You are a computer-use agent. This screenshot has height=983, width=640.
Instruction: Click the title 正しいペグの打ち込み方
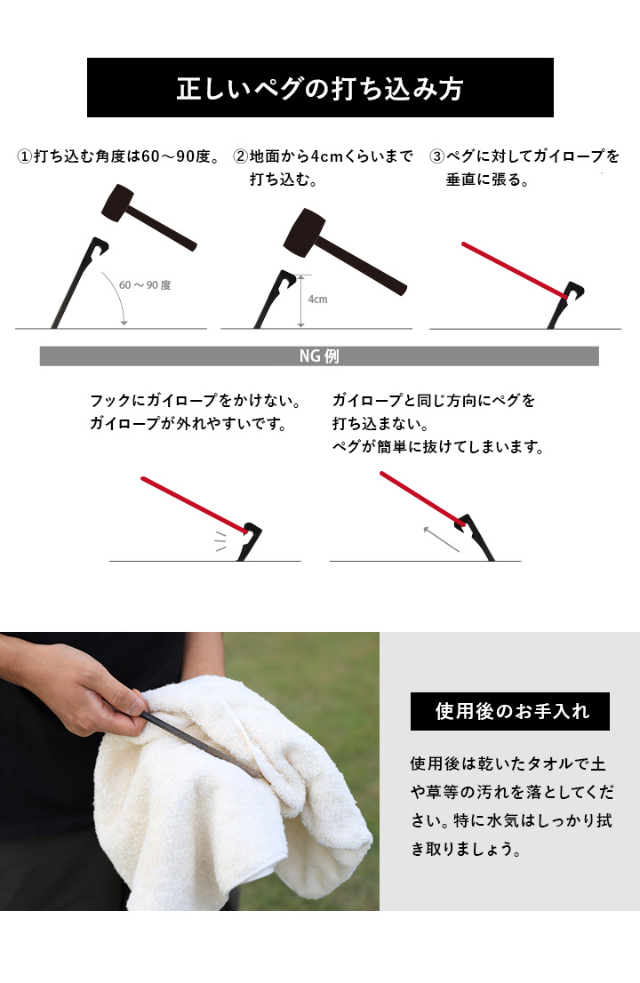(x=320, y=90)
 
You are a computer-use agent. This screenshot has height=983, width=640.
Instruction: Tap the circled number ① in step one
(x=25, y=157)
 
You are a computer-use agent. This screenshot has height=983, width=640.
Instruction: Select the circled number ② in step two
(x=240, y=157)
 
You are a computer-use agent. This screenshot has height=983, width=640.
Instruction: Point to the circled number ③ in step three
(x=436, y=157)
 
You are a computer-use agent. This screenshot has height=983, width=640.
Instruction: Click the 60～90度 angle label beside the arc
(x=145, y=285)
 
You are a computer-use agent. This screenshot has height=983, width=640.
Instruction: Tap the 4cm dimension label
(x=317, y=300)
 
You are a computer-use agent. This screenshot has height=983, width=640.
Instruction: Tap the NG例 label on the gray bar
(x=319, y=356)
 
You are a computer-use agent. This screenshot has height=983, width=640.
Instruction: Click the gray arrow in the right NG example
(x=441, y=539)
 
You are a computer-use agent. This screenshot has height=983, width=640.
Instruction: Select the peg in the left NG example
(x=248, y=542)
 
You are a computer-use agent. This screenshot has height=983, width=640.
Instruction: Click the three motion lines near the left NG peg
(x=220, y=541)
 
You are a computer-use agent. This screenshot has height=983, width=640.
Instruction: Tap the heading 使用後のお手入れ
(x=509, y=712)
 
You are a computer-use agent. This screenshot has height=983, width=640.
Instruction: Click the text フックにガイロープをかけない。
(x=195, y=401)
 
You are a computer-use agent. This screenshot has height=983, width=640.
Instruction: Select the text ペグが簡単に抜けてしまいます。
(x=437, y=447)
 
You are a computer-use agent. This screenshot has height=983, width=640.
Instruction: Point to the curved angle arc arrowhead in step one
(x=124, y=322)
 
